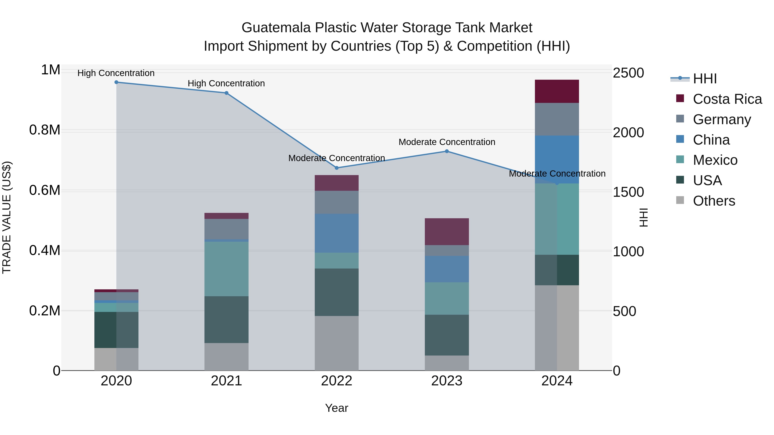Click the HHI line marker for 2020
coord(116,82)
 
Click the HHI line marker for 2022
coord(336,168)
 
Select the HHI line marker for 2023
coord(447,151)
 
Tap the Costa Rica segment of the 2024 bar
coord(557,91)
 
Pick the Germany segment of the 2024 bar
coord(557,119)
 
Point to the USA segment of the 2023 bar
coord(447,335)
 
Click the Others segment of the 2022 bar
coord(336,343)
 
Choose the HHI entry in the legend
coord(705,79)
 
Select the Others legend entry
coord(714,201)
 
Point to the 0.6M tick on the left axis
coord(45,190)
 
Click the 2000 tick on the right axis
coord(628,132)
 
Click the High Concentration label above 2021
coord(226,84)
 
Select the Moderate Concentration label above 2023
coord(447,142)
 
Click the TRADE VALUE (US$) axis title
coord(7,217)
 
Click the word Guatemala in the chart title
coord(276,28)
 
